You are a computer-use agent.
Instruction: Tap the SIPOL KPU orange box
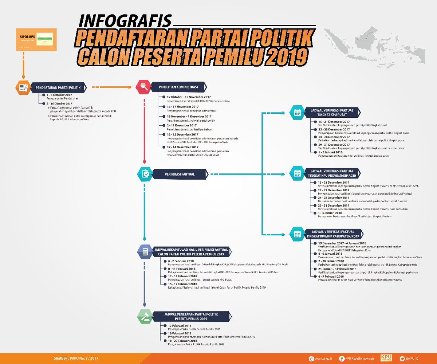click(35, 39)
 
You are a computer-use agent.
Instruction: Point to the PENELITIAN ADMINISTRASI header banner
click(181, 87)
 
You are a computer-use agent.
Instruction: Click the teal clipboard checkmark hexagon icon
click(145, 174)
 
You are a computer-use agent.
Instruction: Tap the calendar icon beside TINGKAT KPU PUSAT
click(297, 112)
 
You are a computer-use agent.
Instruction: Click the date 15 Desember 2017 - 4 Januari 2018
click(342, 243)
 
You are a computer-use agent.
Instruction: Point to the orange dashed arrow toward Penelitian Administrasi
click(111, 87)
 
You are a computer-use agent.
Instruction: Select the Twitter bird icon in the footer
click(402, 359)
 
